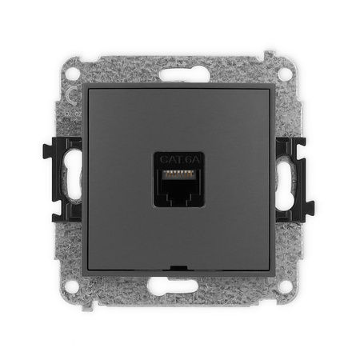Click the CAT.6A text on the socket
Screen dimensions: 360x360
(179, 159)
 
